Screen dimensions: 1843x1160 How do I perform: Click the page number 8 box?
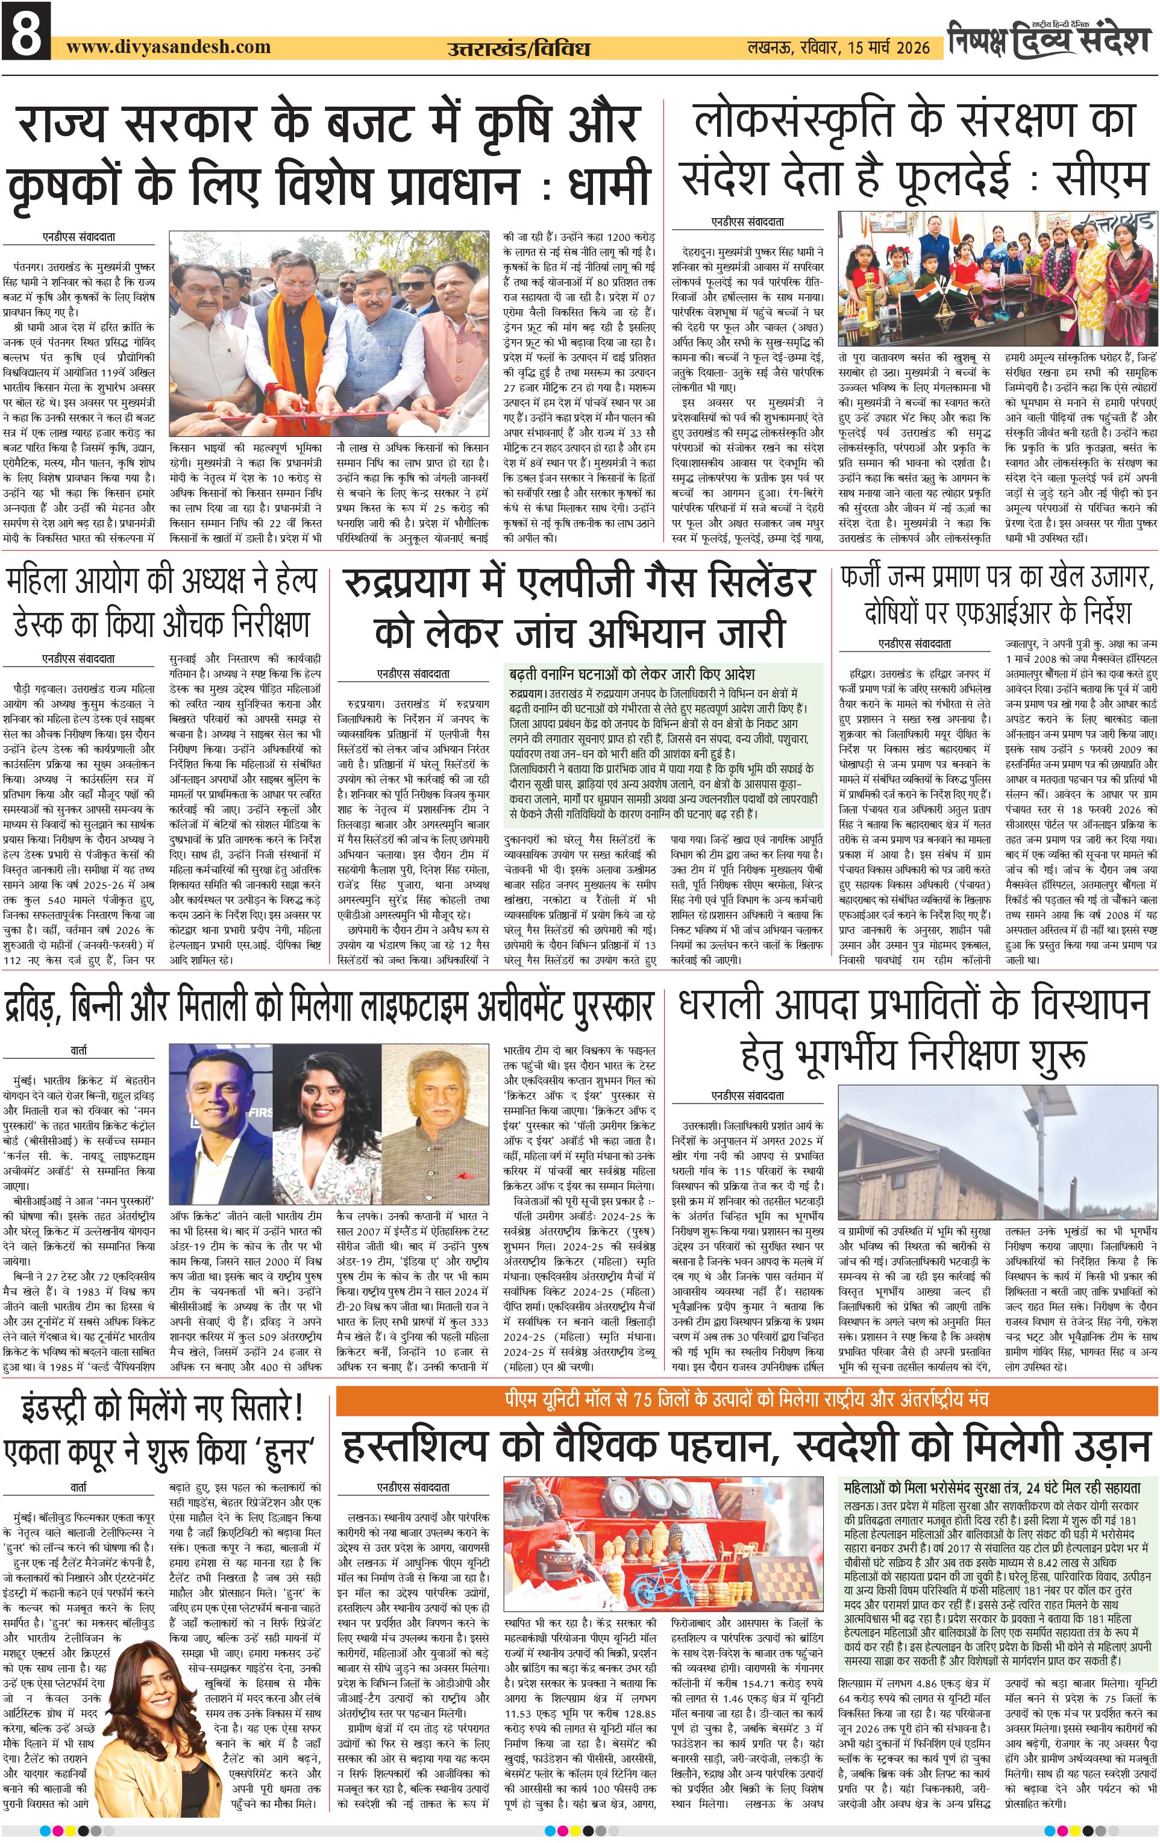click(26, 32)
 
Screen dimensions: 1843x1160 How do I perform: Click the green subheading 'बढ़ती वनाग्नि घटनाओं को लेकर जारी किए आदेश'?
click(632, 674)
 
